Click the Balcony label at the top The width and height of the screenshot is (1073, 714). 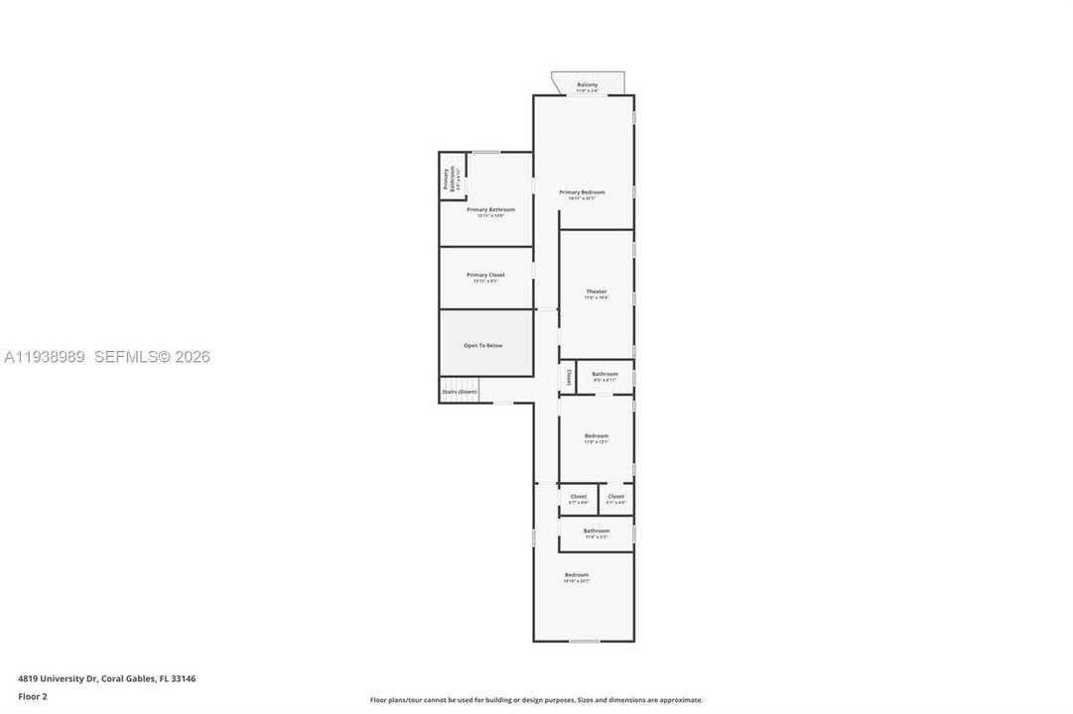coord(588,84)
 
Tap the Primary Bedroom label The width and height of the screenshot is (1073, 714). coord(582,192)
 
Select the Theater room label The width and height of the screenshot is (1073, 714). coord(596,292)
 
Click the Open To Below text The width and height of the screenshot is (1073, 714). coord(483,345)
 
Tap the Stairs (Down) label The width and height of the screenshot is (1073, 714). coord(460,392)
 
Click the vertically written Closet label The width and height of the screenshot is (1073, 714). coord(569,377)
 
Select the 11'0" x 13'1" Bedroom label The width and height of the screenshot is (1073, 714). coord(597,436)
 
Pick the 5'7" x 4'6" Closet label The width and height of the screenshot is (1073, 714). coord(578,497)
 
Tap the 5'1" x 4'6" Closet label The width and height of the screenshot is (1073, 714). coord(616,497)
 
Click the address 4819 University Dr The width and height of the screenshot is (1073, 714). coord(106,679)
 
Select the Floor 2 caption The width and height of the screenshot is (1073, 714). coord(33,696)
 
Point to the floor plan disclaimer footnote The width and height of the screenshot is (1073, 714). coord(536,700)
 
